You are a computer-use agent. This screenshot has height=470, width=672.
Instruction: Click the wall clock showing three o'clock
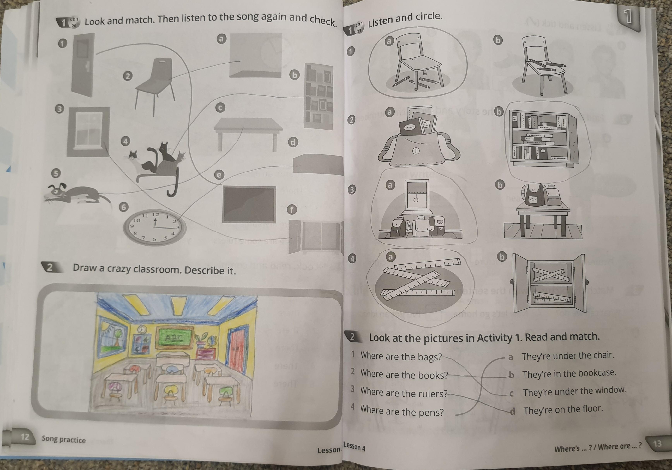155,226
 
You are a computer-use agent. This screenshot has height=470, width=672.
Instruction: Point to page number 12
25,437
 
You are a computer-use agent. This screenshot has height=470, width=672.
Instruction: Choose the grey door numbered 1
83,65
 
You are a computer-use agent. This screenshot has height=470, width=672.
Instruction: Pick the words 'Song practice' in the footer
63,439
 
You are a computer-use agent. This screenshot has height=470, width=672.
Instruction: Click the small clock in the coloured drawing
142,329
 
